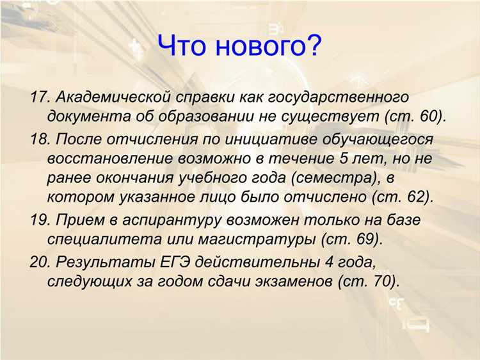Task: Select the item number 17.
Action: coord(40,98)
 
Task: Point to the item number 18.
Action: coord(40,138)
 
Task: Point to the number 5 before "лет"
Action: coord(337,158)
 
